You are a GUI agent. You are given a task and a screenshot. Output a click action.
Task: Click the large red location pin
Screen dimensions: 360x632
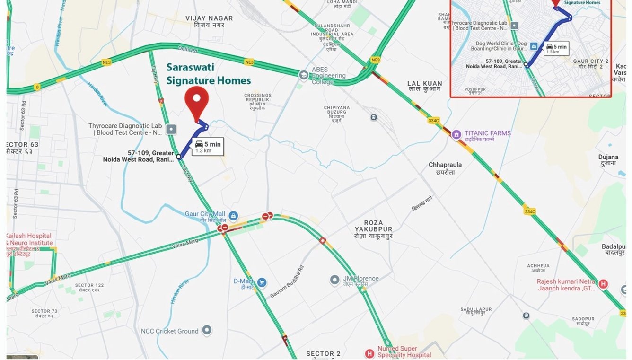tap(197, 101)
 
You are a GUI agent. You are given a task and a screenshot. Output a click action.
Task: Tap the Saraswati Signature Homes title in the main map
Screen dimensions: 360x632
tap(208, 74)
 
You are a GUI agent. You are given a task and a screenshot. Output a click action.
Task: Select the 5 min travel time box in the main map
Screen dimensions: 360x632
tap(207, 147)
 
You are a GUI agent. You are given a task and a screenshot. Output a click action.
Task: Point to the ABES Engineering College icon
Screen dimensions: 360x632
tap(304, 75)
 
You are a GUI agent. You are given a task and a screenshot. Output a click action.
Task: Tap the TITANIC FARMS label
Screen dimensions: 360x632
tap(487, 133)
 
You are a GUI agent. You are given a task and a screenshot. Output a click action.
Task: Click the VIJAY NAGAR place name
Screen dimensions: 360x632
tap(209, 21)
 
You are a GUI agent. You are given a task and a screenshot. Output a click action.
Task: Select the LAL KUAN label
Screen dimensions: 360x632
tap(424, 86)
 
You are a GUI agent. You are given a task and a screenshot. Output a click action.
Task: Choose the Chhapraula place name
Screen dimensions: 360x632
tap(445, 168)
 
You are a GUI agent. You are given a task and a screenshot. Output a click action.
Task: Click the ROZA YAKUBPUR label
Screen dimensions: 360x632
tap(374, 229)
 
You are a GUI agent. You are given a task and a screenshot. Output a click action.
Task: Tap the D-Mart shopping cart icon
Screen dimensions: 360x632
tap(262, 283)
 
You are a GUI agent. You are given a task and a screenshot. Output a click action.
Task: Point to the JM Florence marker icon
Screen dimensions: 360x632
tap(334, 280)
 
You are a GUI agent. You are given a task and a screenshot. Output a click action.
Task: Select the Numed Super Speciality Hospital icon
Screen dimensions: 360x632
tap(369, 353)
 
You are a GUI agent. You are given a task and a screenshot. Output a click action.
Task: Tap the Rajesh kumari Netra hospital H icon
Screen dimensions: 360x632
tap(603, 284)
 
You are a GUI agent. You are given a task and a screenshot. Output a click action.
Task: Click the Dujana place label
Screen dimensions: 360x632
tap(608, 159)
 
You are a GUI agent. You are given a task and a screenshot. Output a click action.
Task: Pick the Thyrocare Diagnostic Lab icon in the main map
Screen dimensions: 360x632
tap(171, 129)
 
